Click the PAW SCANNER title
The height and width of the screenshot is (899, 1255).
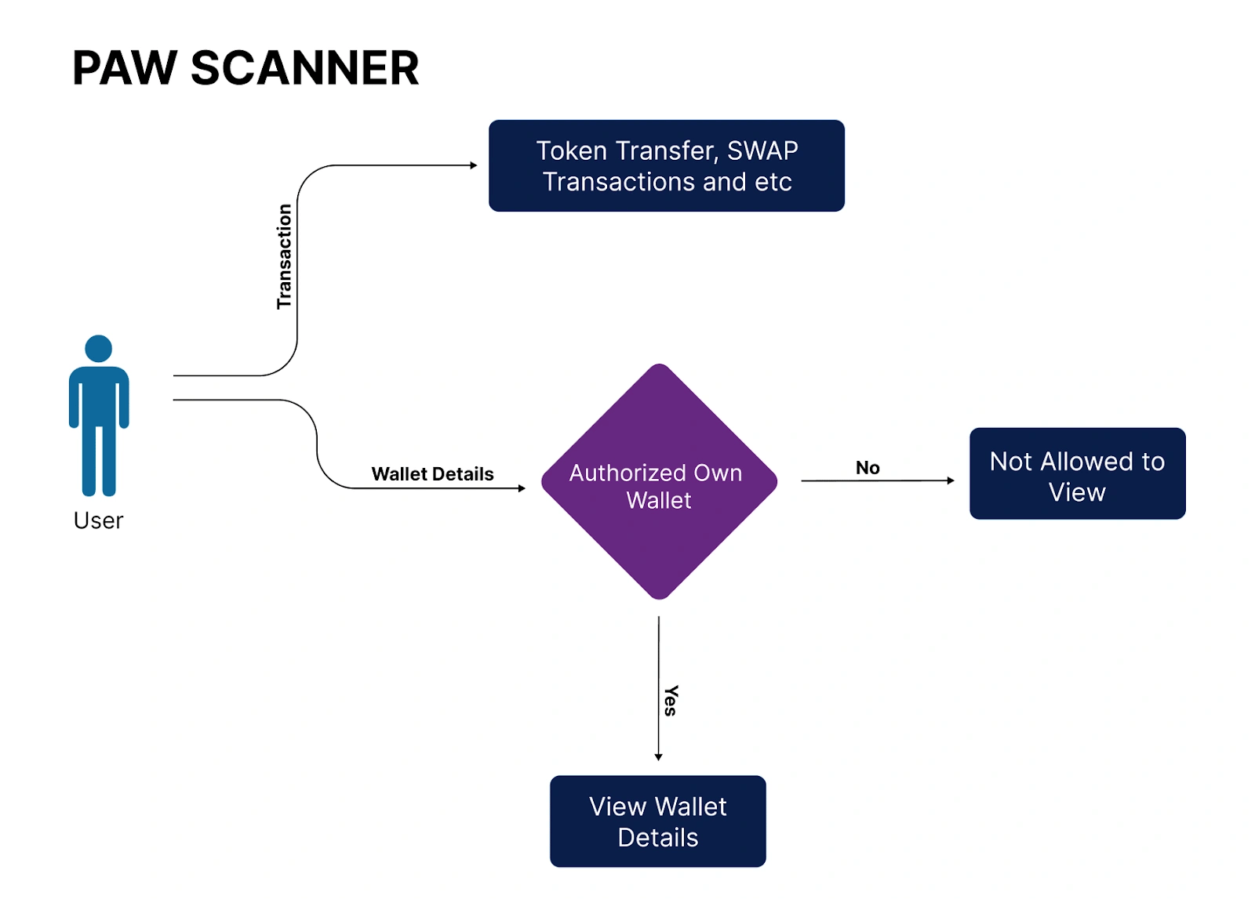point(246,68)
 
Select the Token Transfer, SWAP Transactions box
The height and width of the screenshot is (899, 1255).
point(666,165)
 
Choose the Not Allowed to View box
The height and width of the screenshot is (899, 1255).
point(1077,473)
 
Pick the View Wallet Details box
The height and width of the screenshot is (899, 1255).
point(657,821)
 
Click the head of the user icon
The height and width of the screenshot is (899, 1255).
point(99,349)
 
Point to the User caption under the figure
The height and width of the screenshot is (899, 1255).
point(99,520)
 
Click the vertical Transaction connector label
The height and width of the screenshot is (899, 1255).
point(284,256)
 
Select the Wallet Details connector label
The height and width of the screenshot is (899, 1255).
point(432,474)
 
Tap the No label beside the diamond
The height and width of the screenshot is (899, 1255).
point(868,468)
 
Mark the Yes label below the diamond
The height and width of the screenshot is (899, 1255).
point(671,700)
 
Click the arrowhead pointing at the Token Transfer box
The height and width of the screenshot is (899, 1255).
point(474,165)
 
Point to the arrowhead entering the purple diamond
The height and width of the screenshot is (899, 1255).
point(522,488)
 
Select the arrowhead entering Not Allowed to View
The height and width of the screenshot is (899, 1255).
point(951,480)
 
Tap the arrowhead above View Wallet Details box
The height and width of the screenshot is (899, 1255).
point(658,756)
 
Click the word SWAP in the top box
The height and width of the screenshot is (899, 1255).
point(762,150)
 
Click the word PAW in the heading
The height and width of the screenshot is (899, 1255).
point(125,68)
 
